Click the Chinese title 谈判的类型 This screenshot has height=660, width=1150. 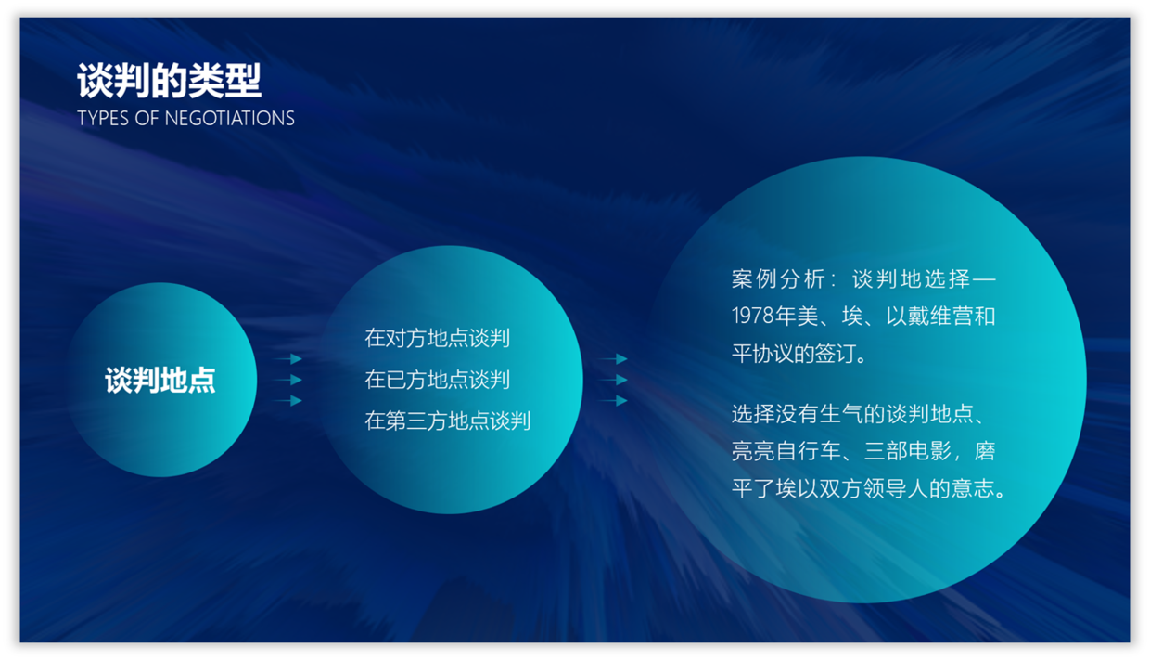coord(170,81)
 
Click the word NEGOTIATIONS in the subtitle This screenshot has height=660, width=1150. coord(229,119)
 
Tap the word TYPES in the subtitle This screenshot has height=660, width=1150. coord(103,119)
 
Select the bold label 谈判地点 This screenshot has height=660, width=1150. coord(160,381)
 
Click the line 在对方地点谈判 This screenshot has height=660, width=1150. coord(438,338)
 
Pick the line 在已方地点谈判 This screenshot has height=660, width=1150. coord(438,380)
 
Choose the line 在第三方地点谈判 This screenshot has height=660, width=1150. coord(448,421)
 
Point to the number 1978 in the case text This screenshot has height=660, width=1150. coord(753,316)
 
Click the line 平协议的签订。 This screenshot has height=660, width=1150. coord(799,354)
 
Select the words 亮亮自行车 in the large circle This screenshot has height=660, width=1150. coord(786,451)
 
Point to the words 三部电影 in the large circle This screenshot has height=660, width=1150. coord(908,451)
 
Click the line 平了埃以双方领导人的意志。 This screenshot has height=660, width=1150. coord(869,488)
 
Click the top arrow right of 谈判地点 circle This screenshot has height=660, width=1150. coord(287,359)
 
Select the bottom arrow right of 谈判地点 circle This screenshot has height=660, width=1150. coord(287,400)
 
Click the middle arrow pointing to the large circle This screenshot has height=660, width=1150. coord(613,380)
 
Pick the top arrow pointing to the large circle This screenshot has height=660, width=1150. coord(613,359)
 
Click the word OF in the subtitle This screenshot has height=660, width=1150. coord(147,119)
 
